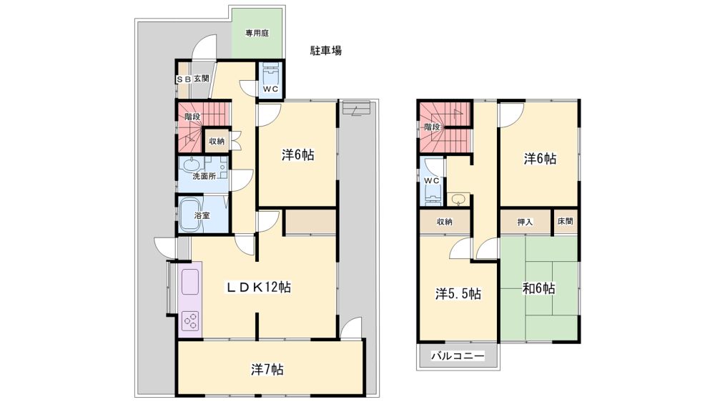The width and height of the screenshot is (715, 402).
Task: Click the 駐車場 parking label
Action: [x=325, y=51]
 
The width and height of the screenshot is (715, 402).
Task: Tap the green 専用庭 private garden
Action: [x=257, y=34]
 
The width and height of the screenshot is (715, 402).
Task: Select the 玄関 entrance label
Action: [x=201, y=79]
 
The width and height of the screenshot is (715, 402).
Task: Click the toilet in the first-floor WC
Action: [x=271, y=73]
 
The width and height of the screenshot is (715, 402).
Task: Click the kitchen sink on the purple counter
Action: [x=191, y=282]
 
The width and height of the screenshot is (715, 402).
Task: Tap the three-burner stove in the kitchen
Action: [x=192, y=320]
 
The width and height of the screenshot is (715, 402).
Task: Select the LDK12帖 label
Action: [x=259, y=287]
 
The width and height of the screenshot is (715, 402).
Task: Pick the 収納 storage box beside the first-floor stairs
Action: [x=217, y=141]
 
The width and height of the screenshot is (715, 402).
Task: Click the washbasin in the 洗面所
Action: [x=192, y=165]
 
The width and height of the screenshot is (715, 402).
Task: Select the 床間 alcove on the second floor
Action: [x=566, y=221]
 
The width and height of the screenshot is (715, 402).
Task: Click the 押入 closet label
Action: [x=525, y=222]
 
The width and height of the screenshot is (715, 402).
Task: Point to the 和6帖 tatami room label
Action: [x=538, y=288]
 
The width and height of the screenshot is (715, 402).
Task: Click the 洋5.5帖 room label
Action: [x=458, y=293]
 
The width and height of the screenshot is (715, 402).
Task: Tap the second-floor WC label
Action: [x=431, y=181]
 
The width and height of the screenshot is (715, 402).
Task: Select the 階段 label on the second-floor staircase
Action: [x=432, y=127]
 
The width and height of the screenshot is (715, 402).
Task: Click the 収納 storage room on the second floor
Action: [x=445, y=222]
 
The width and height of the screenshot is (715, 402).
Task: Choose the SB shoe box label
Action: [x=183, y=79]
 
